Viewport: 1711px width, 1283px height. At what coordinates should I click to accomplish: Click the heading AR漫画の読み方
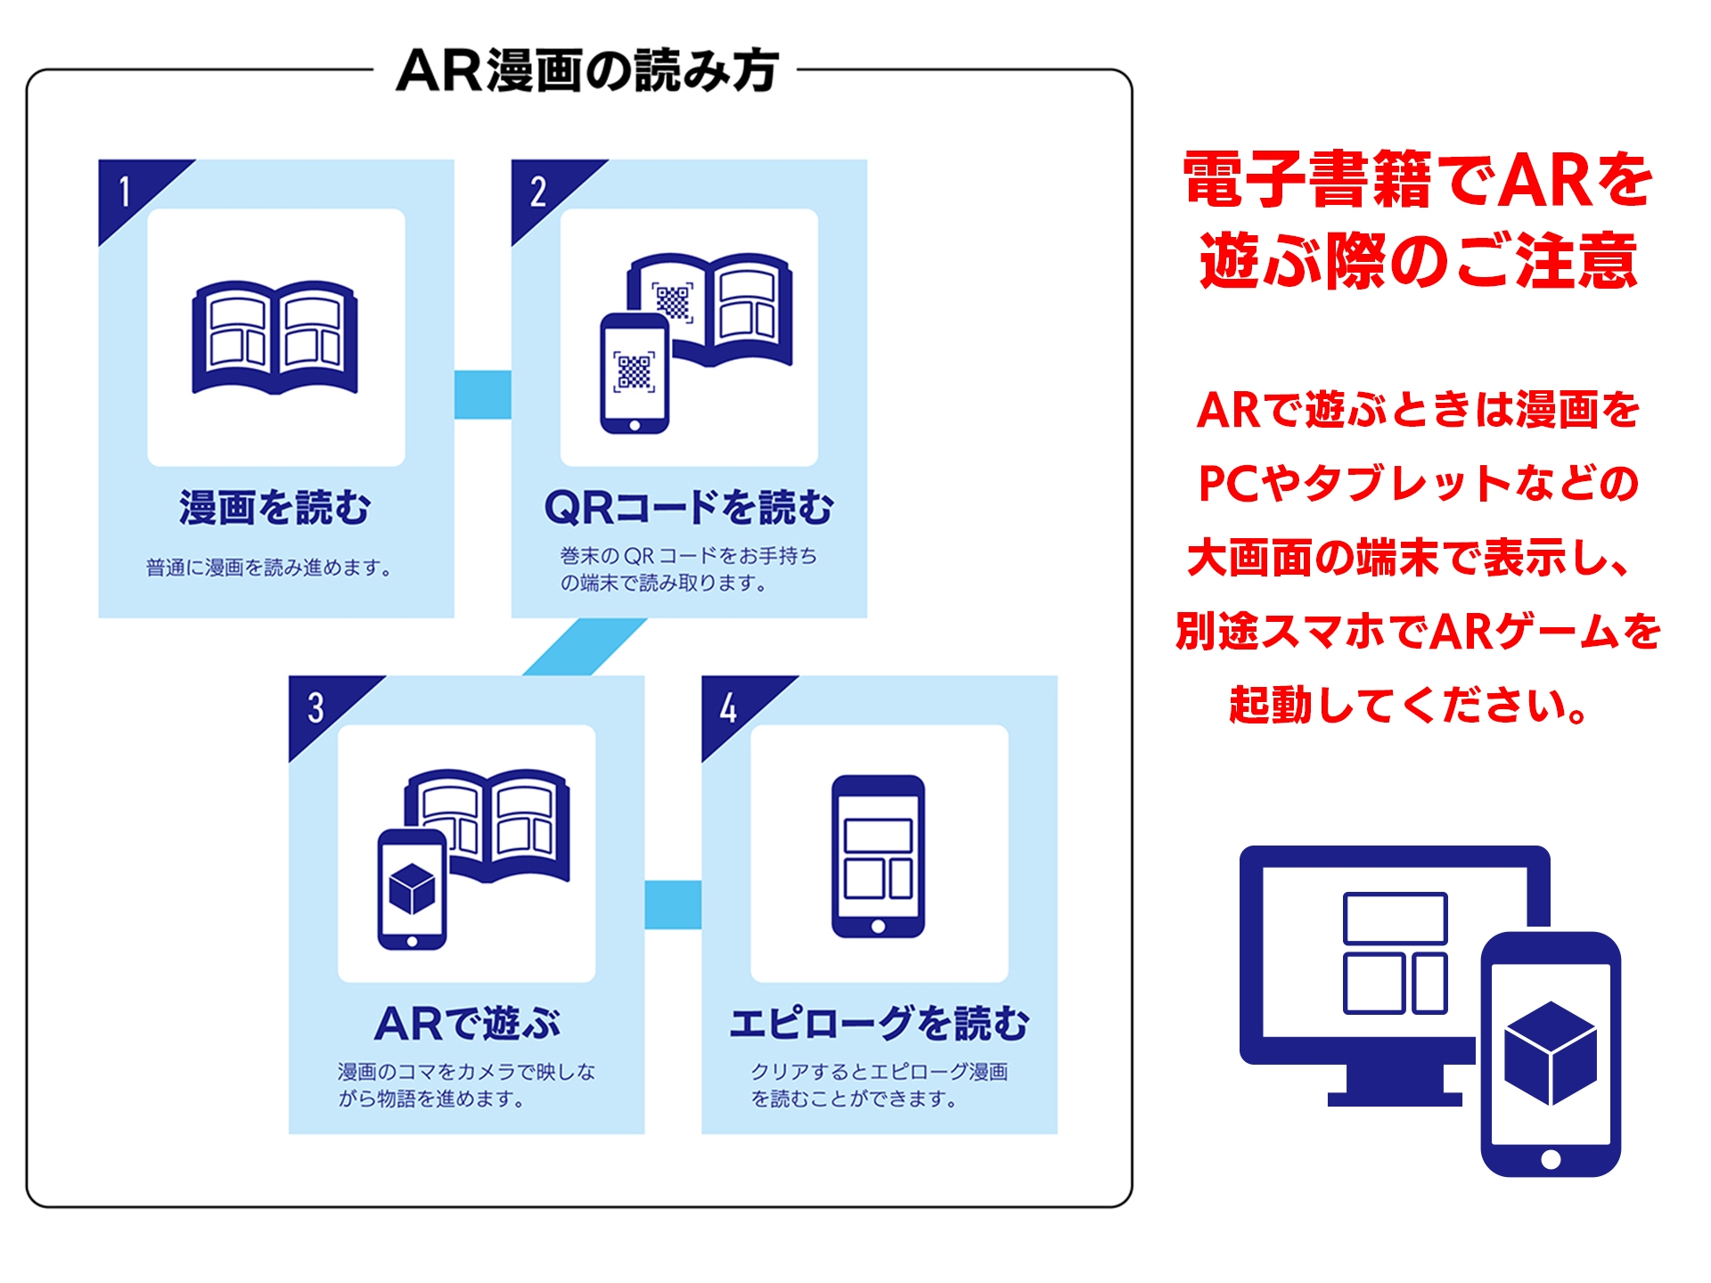click(x=587, y=70)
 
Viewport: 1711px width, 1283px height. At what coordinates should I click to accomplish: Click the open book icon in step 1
click(x=275, y=337)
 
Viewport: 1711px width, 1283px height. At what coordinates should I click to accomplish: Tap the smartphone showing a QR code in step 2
click(x=634, y=373)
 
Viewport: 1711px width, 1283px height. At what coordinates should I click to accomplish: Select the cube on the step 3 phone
click(x=412, y=888)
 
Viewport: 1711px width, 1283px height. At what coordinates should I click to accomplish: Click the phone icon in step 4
click(x=878, y=856)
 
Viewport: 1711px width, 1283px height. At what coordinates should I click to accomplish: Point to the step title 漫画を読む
click(x=275, y=507)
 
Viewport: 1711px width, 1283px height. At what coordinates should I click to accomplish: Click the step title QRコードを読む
click(x=689, y=507)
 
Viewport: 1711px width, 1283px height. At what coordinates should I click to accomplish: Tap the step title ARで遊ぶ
click(x=467, y=1023)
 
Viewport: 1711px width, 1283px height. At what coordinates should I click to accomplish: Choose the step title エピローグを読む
click(x=880, y=1023)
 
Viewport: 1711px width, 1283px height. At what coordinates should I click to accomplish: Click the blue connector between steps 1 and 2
click(x=482, y=394)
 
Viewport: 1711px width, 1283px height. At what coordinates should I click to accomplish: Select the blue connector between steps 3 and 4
click(x=673, y=904)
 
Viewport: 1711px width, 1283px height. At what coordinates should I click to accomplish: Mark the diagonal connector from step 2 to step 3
click(x=585, y=647)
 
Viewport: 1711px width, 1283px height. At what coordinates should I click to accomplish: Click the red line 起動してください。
click(x=1408, y=706)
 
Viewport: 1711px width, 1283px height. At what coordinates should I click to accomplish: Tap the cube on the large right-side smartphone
click(x=1551, y=1052)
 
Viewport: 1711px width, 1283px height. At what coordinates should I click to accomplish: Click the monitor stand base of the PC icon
click(x=1395, y=1098)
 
